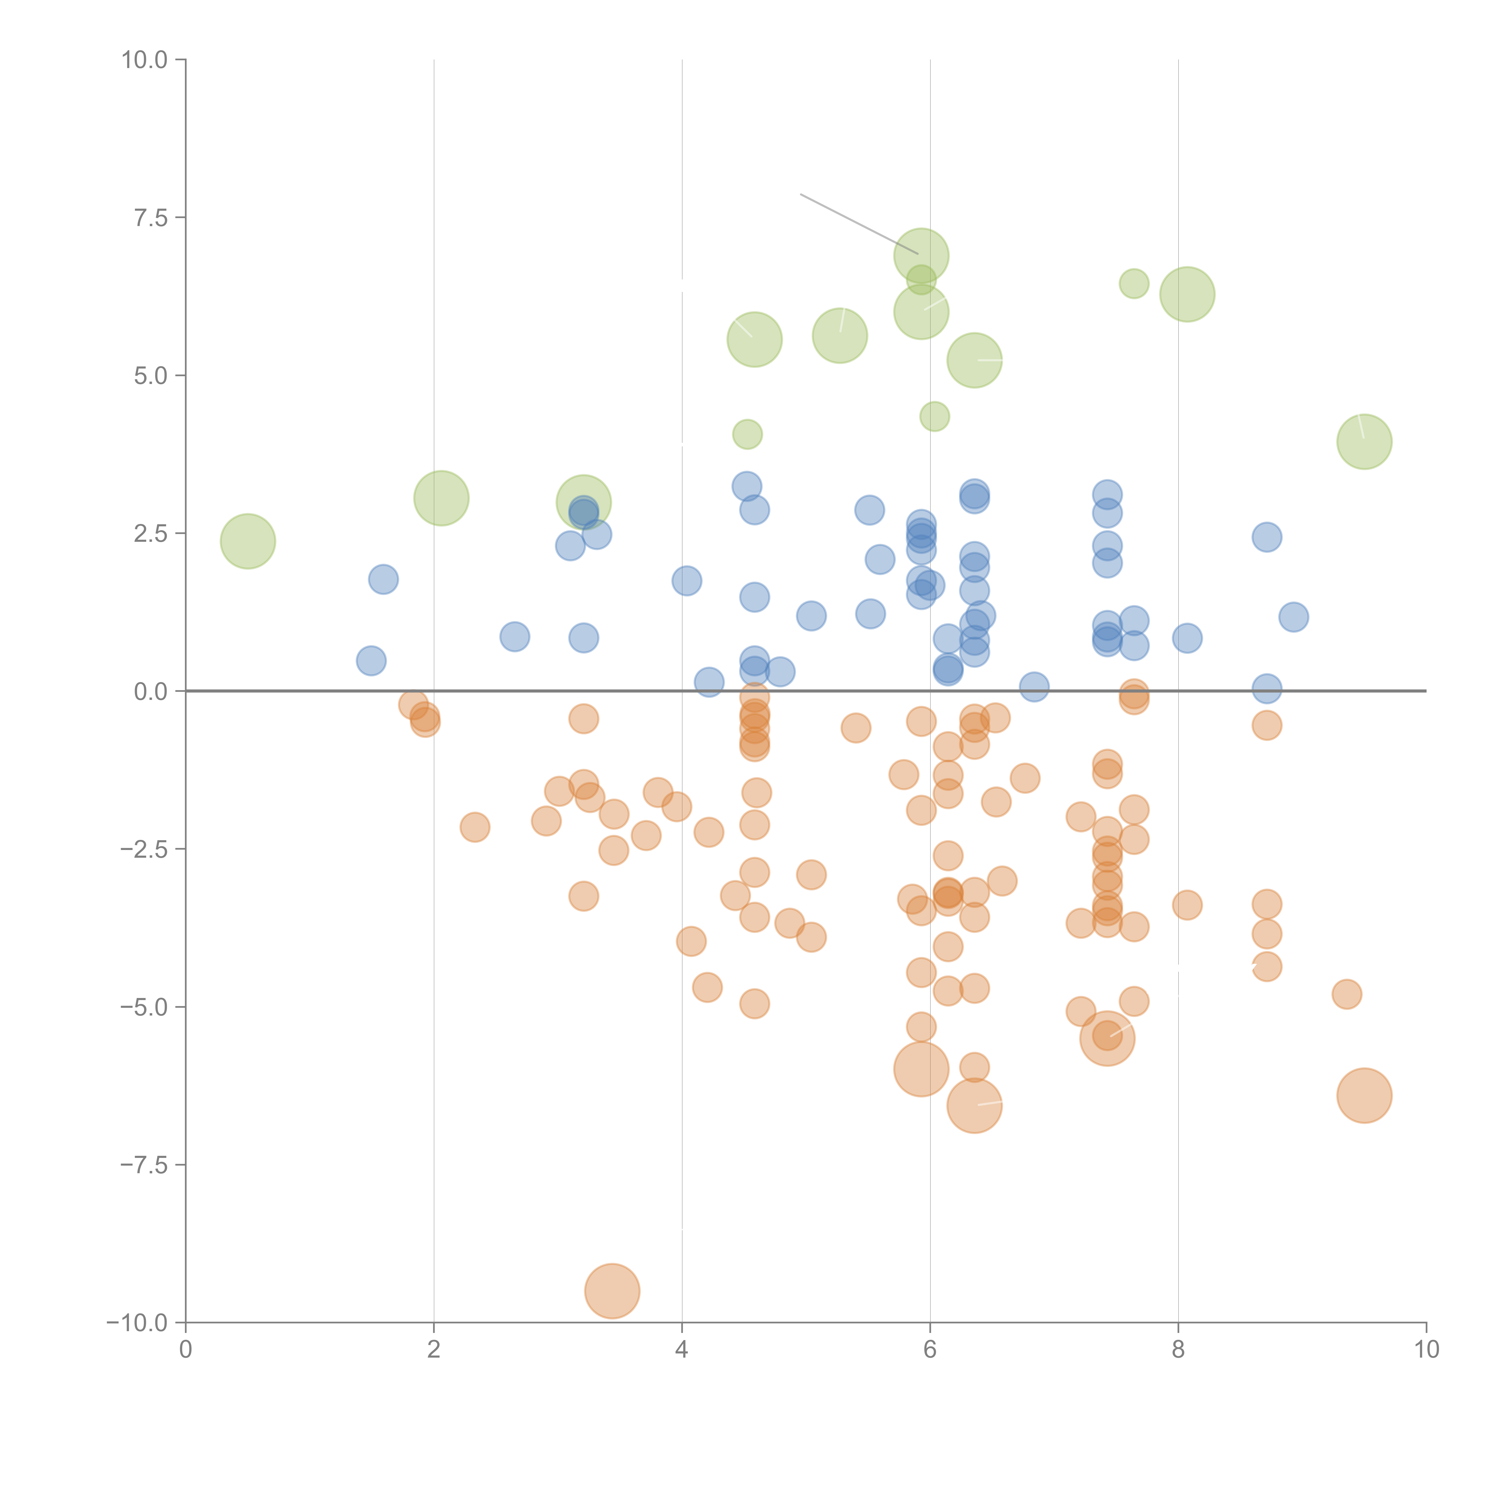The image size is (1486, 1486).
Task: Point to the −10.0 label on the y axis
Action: [x=137, y=1323]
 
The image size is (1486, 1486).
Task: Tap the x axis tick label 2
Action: [x=434, y=1350]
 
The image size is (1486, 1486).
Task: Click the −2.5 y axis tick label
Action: [x=143, y=849]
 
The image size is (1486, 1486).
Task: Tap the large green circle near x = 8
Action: [x=1187, y=294]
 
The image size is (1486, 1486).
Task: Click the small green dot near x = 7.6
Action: [x=1134, y=284]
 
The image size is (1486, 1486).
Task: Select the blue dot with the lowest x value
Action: [x=371, y=661]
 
